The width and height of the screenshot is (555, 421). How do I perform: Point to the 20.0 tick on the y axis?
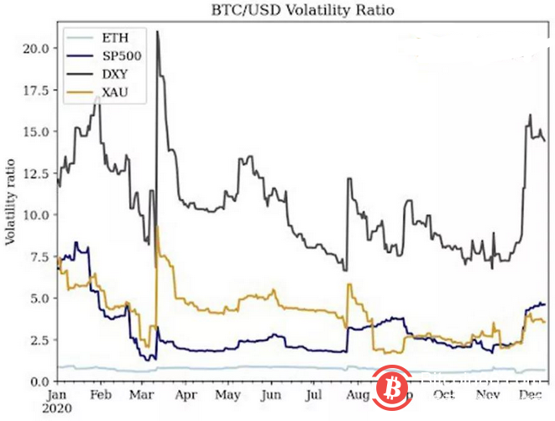35,48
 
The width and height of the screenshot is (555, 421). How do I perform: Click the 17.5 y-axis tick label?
35,90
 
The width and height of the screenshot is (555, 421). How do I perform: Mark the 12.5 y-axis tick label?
35,173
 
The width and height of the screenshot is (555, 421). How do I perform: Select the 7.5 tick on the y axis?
39,256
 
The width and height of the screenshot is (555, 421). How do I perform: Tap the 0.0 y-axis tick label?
39,382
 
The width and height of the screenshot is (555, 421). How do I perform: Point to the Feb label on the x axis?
99,393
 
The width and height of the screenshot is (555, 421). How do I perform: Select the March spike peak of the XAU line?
157,227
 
